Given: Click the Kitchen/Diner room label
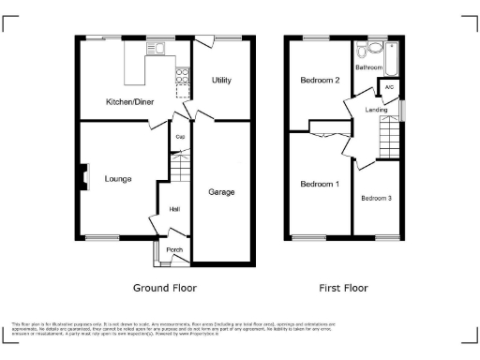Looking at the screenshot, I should click(x=129, y=100).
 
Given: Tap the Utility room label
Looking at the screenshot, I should click(x=221, y=82).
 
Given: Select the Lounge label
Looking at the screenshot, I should click(x=117, y=178).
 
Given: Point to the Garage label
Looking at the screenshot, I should click(x=221, y=191).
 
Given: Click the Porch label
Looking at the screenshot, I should click(x=174, y=250).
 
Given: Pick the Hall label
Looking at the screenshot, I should click(x=174, y=210).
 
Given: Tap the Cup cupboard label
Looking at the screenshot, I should click(x=180, y=137).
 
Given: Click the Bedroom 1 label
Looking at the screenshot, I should click(x=320, y=184).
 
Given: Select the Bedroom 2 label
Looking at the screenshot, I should click(x=320, y=81).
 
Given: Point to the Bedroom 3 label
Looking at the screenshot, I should click(x=377, y=198).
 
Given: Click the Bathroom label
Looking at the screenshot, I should click(x=368, y=67).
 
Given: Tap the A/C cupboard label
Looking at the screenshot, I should click(x=389, y=88).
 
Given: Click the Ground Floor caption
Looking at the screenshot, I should click(x=165, y=288).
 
